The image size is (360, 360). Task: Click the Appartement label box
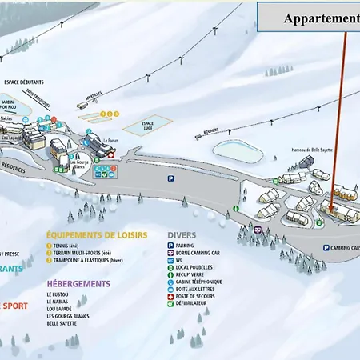click(320, 18)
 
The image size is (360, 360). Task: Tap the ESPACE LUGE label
click(146, 124)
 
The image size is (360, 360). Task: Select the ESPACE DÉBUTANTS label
click(23, 82)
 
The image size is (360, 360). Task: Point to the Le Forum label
click(110, 140)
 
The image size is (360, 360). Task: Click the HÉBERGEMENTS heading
click(78, 283)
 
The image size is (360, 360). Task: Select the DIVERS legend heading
click(182, 235)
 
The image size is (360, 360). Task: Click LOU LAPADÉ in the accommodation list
click(64, 308)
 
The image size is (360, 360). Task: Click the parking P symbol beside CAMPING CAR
click(326, 248)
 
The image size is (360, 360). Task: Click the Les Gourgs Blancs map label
click(78, 163)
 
